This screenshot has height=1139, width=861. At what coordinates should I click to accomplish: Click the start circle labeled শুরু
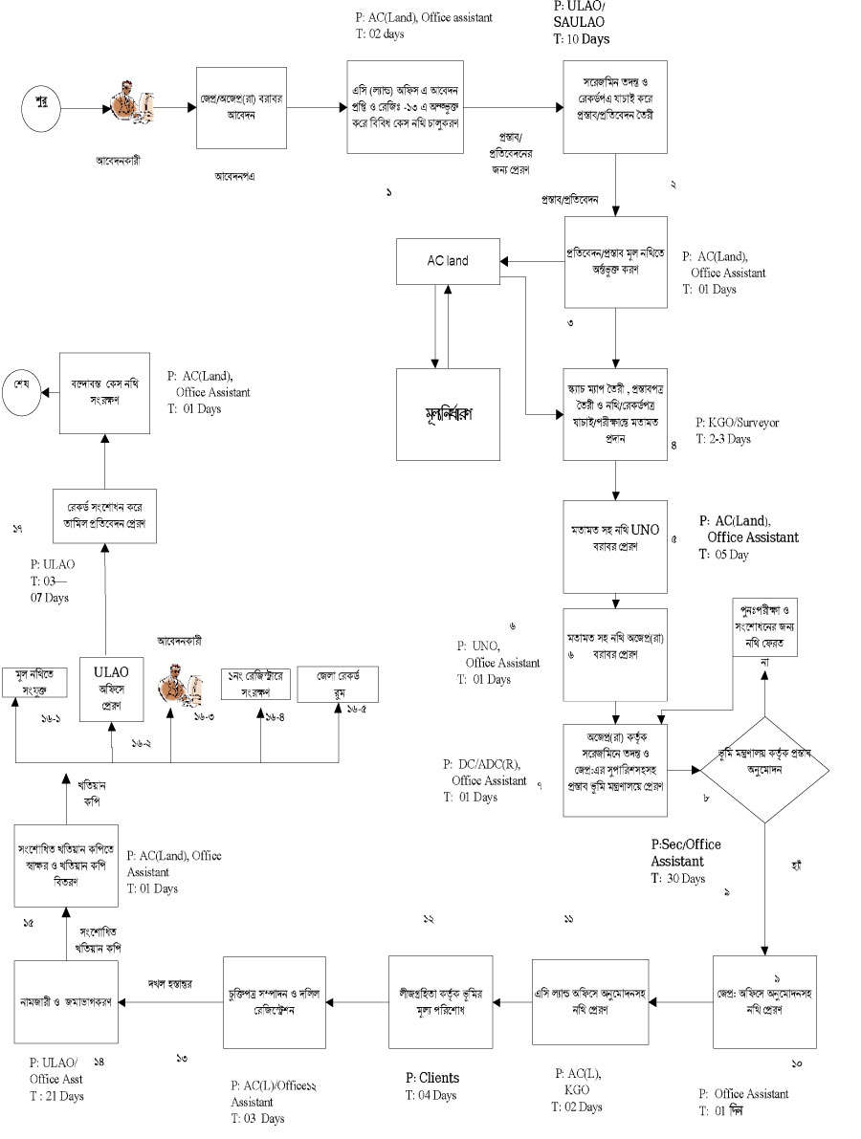pos(42,99)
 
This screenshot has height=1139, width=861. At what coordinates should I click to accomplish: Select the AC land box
pos(448,261)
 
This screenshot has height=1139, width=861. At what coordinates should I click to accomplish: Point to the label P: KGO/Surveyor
pos(738,422)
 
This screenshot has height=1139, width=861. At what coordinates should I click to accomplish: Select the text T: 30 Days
pos(677,878)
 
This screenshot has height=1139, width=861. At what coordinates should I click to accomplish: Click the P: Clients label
pos(432,1078)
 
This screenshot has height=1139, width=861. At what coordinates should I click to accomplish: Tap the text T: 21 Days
pos(56,1096)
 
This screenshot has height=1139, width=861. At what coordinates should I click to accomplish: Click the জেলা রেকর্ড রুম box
pos(337,685)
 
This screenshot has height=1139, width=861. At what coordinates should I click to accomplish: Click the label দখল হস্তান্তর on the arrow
pos(170,983)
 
